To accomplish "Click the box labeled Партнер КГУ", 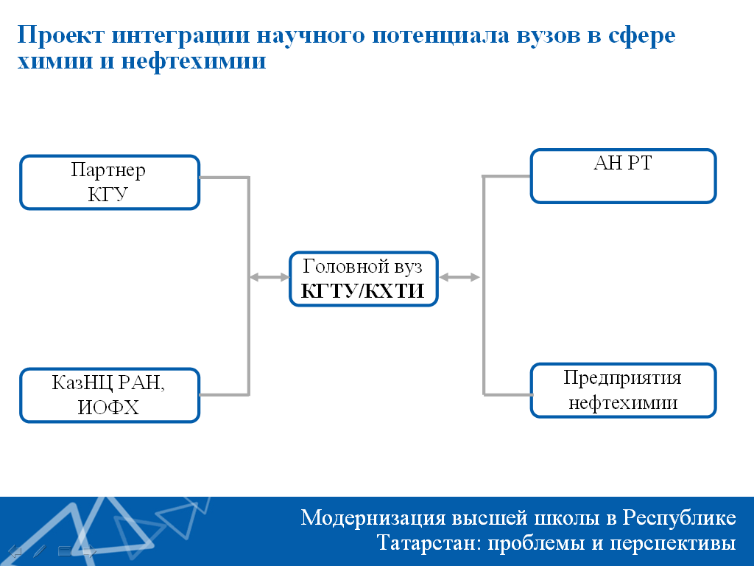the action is pos(110,183).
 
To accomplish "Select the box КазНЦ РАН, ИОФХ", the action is pos(110,396).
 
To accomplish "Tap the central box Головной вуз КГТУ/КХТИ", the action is pos(364,279).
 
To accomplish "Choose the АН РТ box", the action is pos(624,176).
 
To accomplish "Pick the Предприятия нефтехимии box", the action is pos(624,391).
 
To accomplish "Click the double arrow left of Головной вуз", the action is pos(269,277).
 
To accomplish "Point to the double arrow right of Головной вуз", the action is pos(459,277).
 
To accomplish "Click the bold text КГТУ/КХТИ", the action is pos(362,290).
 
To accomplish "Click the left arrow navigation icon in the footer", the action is pos(15,551).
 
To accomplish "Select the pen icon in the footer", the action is pos(40,551).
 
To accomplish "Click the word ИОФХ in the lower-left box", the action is pos(108,408).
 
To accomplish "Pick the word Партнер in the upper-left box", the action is pos(108,170).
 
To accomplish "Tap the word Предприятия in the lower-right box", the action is pos(622,379).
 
